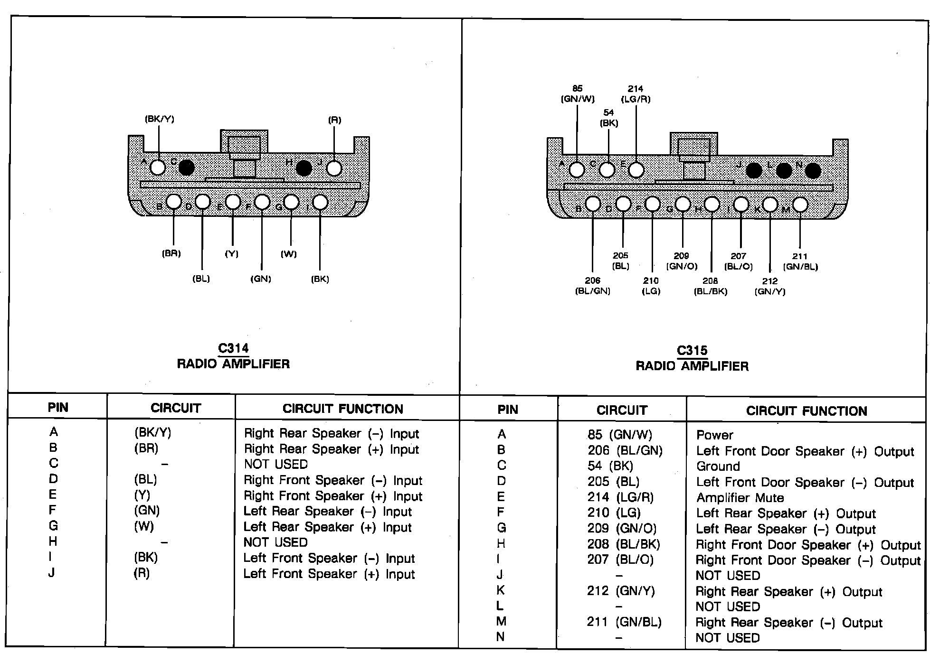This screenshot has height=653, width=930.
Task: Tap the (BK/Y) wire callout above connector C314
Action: [160, 119]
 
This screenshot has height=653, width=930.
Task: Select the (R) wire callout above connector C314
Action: [334, 120]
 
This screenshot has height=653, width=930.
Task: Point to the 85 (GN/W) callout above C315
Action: [578, 93]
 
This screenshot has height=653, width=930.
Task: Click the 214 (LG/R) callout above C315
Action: [636, 93]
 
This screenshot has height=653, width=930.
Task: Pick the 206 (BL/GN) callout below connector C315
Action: [592, 286]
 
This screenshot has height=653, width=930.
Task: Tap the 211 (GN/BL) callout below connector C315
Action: [800, 261]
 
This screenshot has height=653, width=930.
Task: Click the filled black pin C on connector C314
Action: [186, 167]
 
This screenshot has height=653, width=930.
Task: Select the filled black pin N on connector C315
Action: [813, 171]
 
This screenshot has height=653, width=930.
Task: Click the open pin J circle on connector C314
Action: [334, 168]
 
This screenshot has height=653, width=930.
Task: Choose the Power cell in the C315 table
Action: [714, 435]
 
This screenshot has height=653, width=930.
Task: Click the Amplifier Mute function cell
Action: [740, 498]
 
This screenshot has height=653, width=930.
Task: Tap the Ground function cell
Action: [718, 466]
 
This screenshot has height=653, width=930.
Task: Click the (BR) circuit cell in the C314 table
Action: [146, 448]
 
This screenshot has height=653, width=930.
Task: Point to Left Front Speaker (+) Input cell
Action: [329, 574]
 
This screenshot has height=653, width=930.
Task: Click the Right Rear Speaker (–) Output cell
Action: [788, 622]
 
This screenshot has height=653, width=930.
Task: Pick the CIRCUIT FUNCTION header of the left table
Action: [342, 409]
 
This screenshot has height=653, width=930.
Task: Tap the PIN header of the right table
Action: [507, 410]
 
